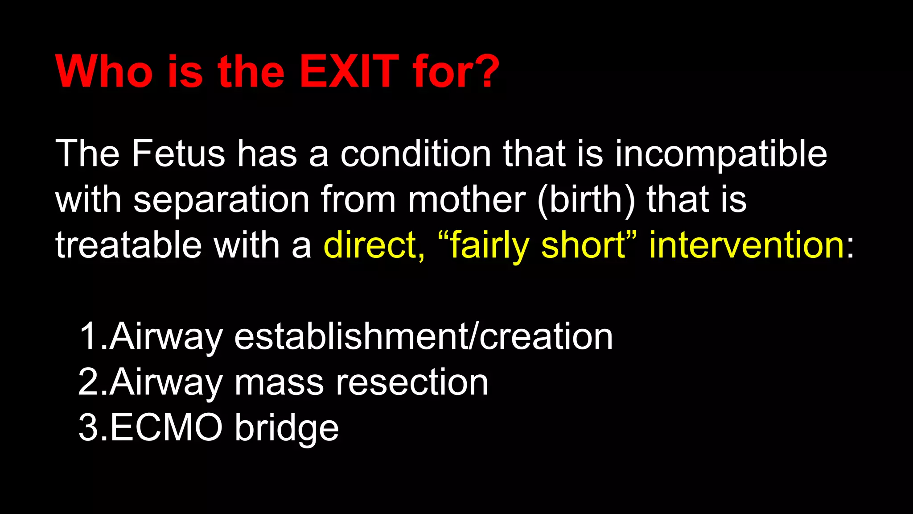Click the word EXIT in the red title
coord(349,71)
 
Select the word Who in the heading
coord(104,71)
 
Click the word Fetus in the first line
coord(178,154)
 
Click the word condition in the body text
coord(415,154)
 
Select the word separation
coord(222,201)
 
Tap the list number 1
coord(88,336)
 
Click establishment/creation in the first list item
coord(424,336)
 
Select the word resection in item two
coord(412,383)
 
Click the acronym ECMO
coord(166,427)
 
